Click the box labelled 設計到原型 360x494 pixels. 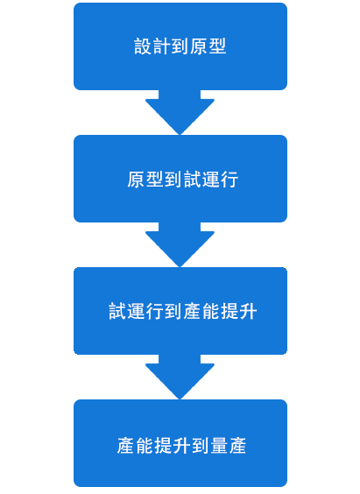(x=180, y=46)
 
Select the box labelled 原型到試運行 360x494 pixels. (x=180, y=179)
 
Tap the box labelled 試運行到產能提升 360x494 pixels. (x=180, y=311)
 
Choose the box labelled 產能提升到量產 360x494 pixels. (x=180, y=443)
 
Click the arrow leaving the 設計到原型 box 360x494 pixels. (x=180, y=112)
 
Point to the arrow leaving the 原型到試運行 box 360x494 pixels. (x=180, y=244)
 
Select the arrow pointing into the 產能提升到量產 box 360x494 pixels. (x=180, y=377)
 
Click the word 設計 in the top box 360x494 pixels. (x=152, y=46)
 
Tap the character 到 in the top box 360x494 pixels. (x=180, y=46)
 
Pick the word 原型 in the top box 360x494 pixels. (x=208, y=46)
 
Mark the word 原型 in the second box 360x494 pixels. (x=145, y=180)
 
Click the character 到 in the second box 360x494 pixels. (x=173, y=180)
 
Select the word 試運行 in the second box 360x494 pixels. (x=210, y=180)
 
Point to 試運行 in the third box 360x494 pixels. (x=137, y=311)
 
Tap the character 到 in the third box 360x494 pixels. (x=173, y=311)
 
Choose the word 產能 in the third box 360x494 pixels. (x=201, y=311)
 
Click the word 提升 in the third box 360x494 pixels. (x=239, y=311)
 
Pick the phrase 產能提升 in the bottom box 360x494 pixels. (x=153, y=446)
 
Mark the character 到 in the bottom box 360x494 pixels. (x=200, y=446)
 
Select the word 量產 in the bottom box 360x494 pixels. (x=228, y=446)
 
